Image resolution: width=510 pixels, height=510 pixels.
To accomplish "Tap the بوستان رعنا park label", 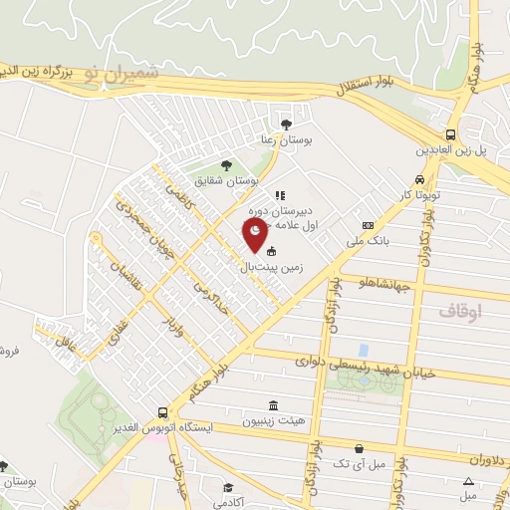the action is coord(293,140).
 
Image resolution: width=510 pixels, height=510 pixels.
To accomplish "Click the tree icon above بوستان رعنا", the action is coord(287,124).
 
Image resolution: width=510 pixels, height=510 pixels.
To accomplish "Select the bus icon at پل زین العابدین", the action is coord(451,134).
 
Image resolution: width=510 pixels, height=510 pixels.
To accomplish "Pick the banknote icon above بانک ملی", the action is coord(368,225).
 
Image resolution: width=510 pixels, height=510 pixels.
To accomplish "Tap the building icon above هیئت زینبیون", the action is coord(274,404).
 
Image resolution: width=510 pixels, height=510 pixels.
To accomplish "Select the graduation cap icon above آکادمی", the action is coord(228,488).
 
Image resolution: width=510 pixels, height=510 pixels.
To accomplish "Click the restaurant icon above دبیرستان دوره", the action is coord(281,195).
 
